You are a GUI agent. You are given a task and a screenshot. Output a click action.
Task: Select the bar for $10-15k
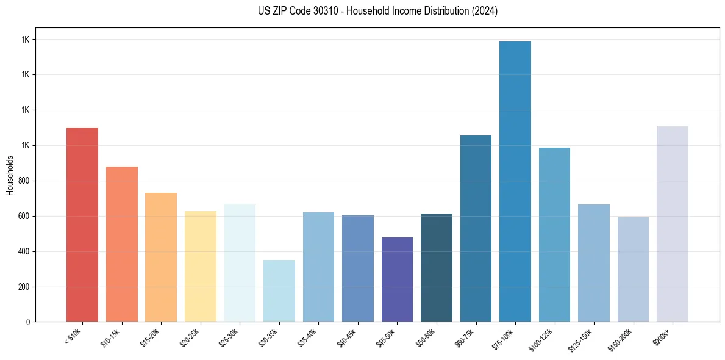(x=122, y=244)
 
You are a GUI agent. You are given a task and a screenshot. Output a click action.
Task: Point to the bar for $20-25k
(x=201, y=266)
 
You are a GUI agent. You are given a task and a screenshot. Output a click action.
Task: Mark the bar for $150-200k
(x=633, y=269)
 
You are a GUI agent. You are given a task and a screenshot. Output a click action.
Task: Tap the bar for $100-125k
(x=554, y=234)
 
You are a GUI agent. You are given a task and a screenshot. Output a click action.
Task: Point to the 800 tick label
(x=25, y=181)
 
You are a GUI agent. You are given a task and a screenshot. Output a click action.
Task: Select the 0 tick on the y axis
(x=28, y=322)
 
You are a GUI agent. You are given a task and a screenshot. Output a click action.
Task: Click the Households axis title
(x=10, y=175)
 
